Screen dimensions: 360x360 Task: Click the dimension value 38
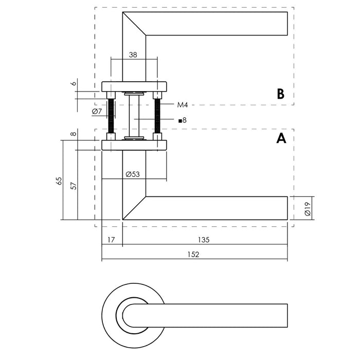point(133,53)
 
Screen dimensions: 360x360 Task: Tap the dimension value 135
point(204,240)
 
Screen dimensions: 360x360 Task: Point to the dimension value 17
point(112,240)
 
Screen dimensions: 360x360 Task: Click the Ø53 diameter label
point(133,174)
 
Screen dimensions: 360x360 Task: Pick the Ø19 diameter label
point(307,208)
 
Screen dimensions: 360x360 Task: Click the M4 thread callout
point(183,105)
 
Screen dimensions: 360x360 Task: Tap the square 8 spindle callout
point(182,120)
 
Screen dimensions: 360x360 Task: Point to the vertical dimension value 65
point(59,181)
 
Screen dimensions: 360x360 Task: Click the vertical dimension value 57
point(74,185)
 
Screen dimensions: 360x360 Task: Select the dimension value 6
point(74,83)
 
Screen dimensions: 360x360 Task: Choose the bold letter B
point(280,94)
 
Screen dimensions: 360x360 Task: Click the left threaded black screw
point(111,116)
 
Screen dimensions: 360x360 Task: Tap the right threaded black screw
point(158,116)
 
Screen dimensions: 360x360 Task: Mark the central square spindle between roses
point(134,116)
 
